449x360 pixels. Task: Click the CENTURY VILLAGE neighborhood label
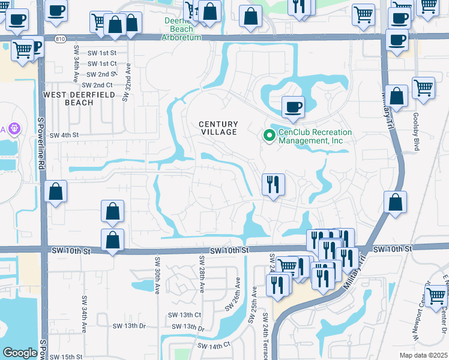coord(218,127)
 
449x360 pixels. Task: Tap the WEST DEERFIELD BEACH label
coord(68,99)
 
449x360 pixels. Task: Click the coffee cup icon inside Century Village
coord(293,107)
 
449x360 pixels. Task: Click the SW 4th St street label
coord(64,136)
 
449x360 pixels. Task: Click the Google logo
coord(20,353)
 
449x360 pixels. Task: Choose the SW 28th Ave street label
coord(202,275)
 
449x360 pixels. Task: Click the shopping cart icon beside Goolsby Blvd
coord(423,88)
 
